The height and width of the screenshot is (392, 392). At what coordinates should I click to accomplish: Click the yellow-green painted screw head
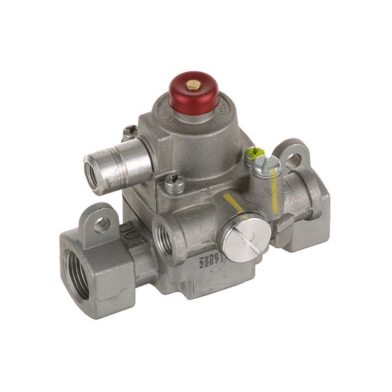coord(250,155)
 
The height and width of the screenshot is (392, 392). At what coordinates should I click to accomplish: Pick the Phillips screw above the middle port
coord(173,184)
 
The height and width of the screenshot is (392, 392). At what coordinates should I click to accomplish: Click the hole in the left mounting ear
coord(102,223)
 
